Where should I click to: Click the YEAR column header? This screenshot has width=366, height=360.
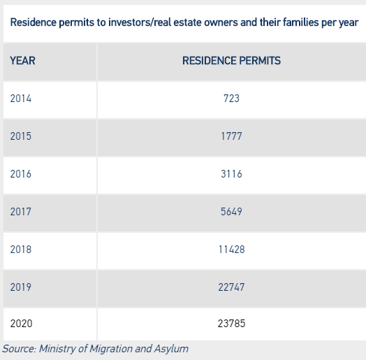22,61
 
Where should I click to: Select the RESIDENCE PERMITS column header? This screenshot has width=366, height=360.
231,61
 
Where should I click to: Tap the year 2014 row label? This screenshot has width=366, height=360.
21,99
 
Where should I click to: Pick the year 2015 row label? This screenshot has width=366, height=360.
21,136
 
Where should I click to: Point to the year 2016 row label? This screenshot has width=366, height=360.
21,174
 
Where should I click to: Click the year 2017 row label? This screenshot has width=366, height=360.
21,212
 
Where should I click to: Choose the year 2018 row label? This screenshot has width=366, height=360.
21,250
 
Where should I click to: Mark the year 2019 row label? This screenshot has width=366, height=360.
21,287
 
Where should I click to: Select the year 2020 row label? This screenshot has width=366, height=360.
21,324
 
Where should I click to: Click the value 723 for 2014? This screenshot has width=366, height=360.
231,99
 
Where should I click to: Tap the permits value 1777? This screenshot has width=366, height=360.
231,136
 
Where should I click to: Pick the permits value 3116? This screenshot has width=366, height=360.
231,174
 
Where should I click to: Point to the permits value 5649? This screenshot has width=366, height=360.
231,212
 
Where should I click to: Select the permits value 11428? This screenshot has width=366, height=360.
231,250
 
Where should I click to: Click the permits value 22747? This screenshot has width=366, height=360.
231,287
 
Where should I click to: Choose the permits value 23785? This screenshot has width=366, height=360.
231,324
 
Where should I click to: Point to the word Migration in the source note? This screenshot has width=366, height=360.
111,349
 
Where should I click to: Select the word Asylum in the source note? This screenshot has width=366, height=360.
171,349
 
